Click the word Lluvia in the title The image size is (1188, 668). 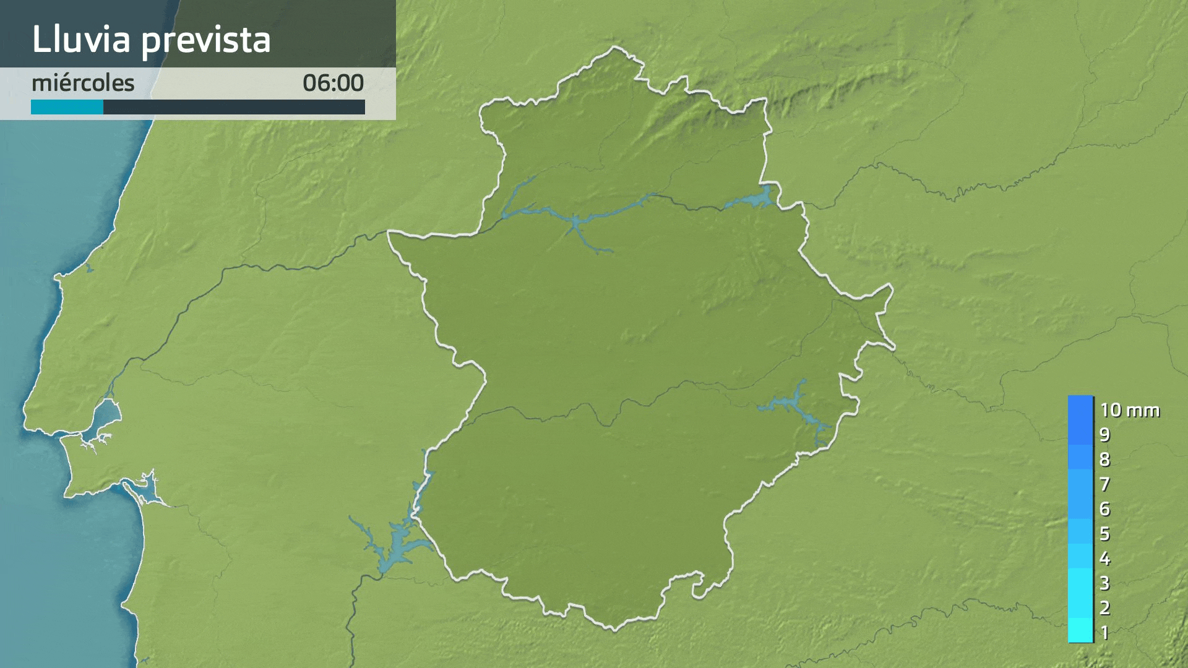(x=81, y=40)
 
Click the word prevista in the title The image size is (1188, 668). (x=206, y=41)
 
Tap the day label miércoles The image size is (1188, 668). (x=83, y=83)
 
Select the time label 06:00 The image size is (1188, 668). (x=333, y=83)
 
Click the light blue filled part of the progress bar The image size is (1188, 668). (x=67, y=108)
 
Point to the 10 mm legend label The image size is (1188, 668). (x=1129, y=410)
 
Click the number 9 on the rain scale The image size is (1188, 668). (x=1104, y=435)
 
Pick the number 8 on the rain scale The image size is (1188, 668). (x=1104, y=460)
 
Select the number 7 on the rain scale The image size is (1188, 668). (x=1104, y=484)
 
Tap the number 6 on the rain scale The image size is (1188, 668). (x=1104, y=509)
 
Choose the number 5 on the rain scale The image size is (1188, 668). (x=1104, y=534)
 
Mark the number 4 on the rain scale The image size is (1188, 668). (x=1104, y=559)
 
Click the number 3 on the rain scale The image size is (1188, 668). (x=1104, y=583)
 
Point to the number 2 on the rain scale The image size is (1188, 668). (x=1104, y=608)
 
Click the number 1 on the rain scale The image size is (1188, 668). (x=1104, y=633)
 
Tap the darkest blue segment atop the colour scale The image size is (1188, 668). (x=1080, y=408)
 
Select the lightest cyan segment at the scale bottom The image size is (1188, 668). (x=1080, y=631)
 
